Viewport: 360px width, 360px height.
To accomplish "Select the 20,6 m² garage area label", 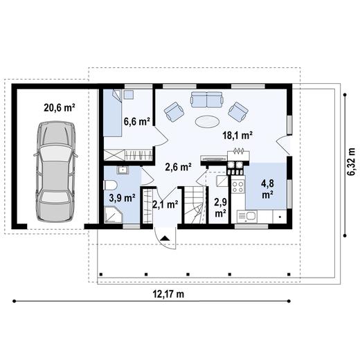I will pyautogui.click(x=60, y=108).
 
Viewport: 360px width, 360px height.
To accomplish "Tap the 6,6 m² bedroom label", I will pyautogui.click(x=137, y=122).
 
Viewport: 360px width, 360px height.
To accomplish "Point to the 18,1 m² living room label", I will pyautogui.click(x=236, y=135).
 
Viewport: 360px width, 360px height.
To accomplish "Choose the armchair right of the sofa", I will pyautogui.click(x=239, y=110).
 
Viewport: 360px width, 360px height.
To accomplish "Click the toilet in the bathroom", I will pyautogui.click(x=111, y=186).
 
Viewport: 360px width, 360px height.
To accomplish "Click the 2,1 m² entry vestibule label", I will pyautogui.click(x=165, y=204).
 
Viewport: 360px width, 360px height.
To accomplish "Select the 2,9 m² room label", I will pyautogui.click(x=220, y=207).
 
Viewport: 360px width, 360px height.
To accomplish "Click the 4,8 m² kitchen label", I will pyautogui.click(x=267, y=189).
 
